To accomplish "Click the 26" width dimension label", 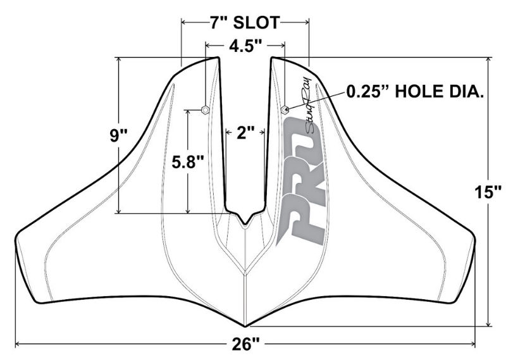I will (x=245, y=345).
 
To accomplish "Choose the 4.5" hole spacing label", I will (x=245, y=45).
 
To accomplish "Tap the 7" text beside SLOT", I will (x=219, y=23).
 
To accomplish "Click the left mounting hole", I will (x=205, y=109).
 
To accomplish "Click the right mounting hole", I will (x=285, y=109).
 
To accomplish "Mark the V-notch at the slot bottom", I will (x=245, y=221).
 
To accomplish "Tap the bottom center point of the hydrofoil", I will (x=245, y=325).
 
